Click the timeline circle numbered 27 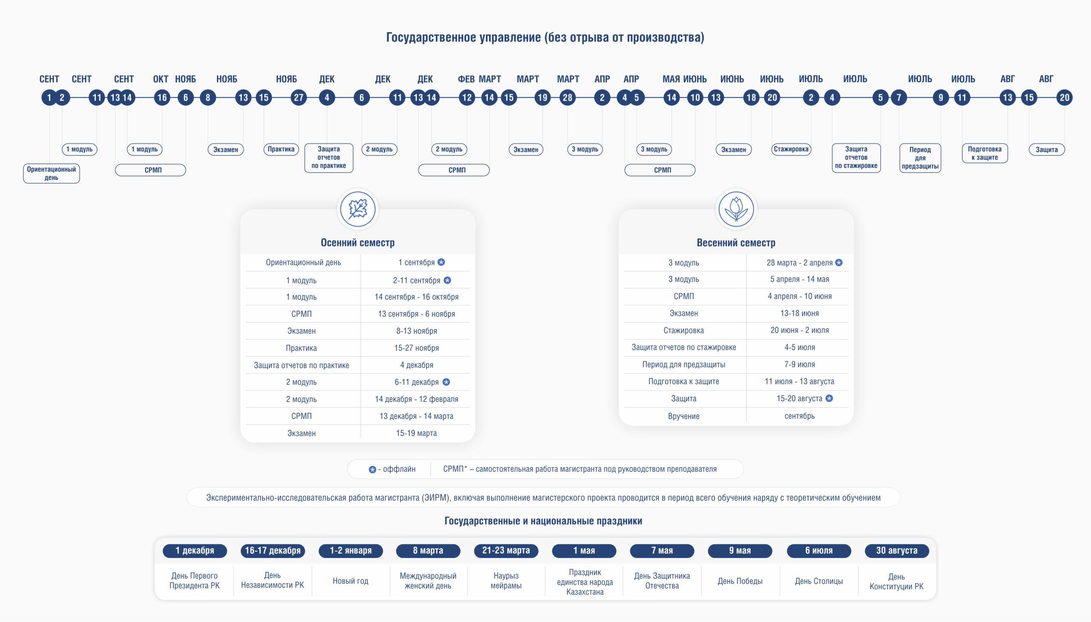click(298, 98)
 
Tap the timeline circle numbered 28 click(568, 98)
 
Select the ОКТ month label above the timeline click(161, 79)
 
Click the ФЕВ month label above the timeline click(466, 79)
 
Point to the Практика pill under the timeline click(281, 149)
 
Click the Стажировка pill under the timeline click(791, 149)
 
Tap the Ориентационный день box click(51, 173)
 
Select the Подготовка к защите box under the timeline click(984, 153)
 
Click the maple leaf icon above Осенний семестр click(358, 209)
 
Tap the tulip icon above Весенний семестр click(736, 209)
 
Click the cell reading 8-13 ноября click(416, 331)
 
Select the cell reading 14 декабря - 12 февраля click(416, 399)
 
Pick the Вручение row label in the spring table click(683, 416)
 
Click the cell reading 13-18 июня click(799, 313)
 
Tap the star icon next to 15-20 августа click(829, 398)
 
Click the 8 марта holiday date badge click(428, 551)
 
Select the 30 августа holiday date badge click(897, 551)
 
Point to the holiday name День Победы click(740, 581)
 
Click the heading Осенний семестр click(358, 243)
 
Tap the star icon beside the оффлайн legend click(372, 469)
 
